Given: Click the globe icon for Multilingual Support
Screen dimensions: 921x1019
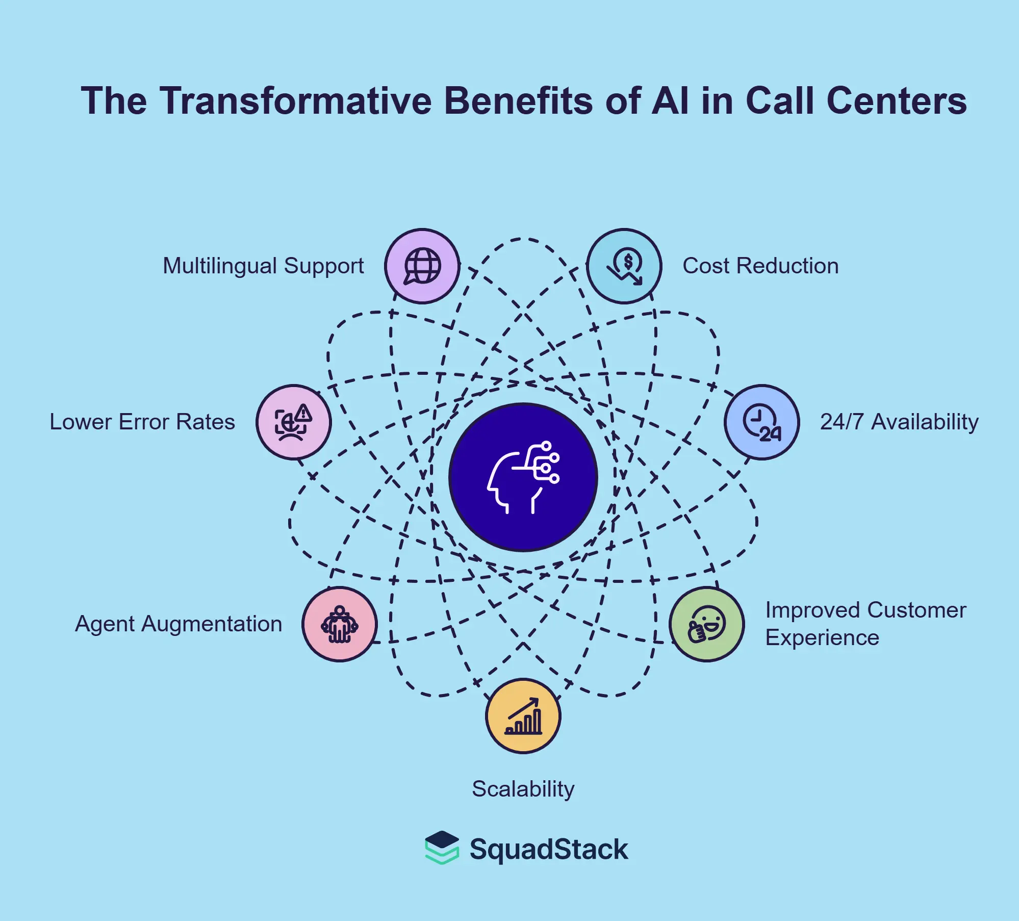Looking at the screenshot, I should [422, 266].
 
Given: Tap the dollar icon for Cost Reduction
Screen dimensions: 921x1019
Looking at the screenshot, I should [624, 266].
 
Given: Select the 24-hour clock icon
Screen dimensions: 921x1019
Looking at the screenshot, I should [762, 422].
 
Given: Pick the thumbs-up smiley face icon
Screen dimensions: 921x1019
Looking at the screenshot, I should [707, 624].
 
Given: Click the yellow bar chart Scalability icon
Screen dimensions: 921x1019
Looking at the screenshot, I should [523, 716].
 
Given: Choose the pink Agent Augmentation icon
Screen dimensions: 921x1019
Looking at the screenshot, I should [340, 624].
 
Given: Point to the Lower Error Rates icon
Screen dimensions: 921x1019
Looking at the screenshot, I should [294, 422].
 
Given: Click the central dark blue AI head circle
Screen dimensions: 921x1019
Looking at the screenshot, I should [523, 477].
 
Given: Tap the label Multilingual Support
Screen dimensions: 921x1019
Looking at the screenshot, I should [263, 266].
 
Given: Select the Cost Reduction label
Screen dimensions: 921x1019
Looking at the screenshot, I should [760, 266].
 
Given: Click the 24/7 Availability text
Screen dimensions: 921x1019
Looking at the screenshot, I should [899, 422].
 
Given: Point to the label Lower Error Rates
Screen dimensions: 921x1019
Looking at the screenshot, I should [142, 422].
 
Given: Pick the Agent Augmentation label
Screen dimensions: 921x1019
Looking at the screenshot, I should [179, 624].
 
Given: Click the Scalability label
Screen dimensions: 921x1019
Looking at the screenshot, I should [523, 789].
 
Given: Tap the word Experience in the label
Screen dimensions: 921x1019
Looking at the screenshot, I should [822, 638].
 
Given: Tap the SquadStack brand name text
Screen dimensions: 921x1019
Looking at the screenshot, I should [549, 850].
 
